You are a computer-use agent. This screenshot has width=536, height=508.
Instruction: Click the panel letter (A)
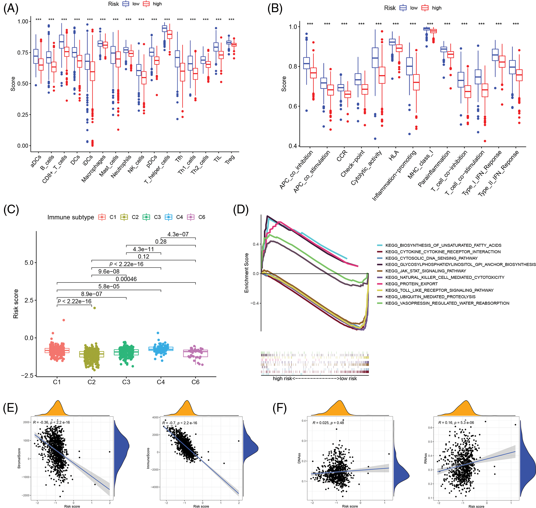[x=11, y=8]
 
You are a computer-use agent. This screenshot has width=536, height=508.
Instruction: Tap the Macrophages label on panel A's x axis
[x=94, y=169]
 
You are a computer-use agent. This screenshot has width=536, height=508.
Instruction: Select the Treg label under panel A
[x=230, y=160]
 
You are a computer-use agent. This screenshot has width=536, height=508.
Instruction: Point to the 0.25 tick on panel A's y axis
[x=23, y=115]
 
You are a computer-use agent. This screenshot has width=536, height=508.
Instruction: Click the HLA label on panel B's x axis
[x=394, y=156]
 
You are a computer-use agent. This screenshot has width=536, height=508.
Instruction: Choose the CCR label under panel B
[x=342, y=156]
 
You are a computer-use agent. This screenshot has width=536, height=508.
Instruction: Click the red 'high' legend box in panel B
[x=425, y=8]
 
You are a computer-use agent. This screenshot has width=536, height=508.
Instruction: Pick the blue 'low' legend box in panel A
[x=126, y=4]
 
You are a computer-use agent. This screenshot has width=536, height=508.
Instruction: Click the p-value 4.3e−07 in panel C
[x=178, y=234]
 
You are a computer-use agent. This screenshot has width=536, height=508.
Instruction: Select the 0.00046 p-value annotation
[x=126, y=279]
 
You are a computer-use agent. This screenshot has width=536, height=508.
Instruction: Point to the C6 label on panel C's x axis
[x=195, y=382]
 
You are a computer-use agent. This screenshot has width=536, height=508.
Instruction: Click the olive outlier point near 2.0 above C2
[x=95, y=308]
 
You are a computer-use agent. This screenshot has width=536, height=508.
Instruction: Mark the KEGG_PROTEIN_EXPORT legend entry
[x=411, y=284]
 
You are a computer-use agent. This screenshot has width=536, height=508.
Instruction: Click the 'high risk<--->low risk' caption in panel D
[x=315, y=378]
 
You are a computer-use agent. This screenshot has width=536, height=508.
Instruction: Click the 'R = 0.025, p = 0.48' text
[x=328, y=423]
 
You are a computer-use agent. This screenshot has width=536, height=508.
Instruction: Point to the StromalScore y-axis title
[x=19, y=459]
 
